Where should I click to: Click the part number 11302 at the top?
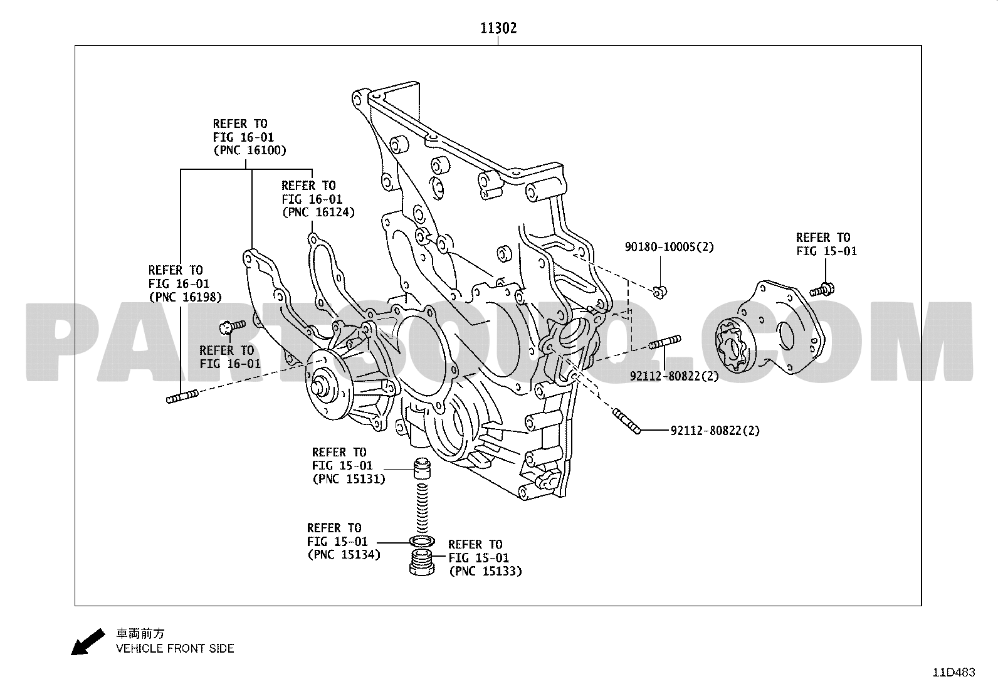click(x=498, y=28)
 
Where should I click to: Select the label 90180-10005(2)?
click(x=669, y=247)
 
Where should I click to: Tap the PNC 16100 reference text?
click(x=249, y=150)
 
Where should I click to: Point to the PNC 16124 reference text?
click(x=318, y=213)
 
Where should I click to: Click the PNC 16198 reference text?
click(x=184, y=297)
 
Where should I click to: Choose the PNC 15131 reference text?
click(x=349, y=479)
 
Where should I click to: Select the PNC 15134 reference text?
click(x=344, y=554)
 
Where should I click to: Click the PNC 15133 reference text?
click(x=485, y=571)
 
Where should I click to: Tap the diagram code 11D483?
click(x=953, y=673)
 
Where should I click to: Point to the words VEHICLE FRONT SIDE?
click(x=175, y=649)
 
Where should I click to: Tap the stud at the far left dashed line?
click(x=182, y=396)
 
